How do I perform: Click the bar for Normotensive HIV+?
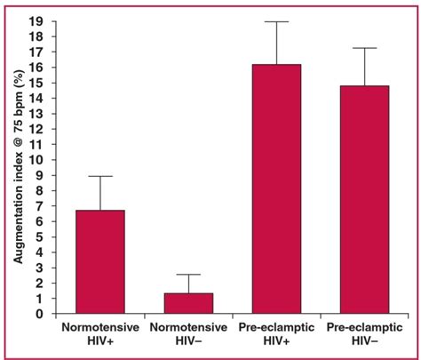pyautogui.click(x=99, y=262)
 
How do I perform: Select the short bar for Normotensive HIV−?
pyautogui.click(x=187, y=304)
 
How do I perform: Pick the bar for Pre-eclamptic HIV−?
pyautogui.click(x=363, y=200)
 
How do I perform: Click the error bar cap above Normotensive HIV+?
pyautogui.click(x=99, y=176)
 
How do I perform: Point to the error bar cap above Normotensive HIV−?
pyautogui.click(x=187, y=275)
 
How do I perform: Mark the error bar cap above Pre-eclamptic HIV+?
pyautogui.click(x=276, y=21)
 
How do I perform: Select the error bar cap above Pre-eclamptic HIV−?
pyautogui.click(x=363, y=48)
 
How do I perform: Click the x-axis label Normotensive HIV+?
pyautogui.click(x=99, y=334)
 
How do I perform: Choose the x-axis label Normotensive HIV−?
pyautogui.click(x=187, y=334)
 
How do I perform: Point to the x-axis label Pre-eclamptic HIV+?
pyautogui.click(x=276, y=334)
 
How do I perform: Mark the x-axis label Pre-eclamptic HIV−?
pyautogui.click(x=363, y=334)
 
